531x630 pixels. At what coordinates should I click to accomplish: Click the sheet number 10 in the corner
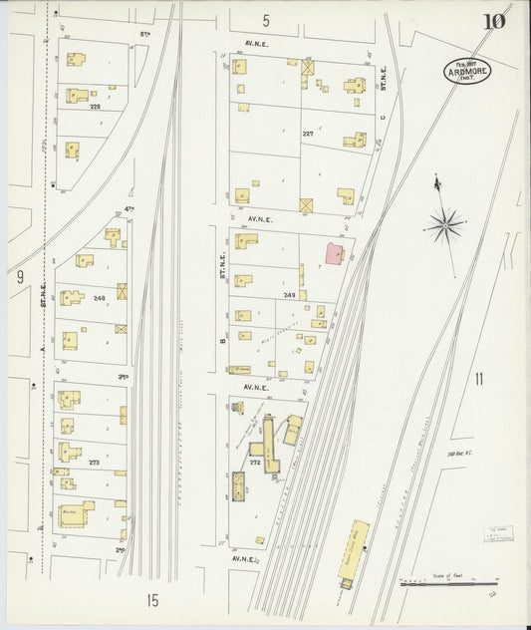493,21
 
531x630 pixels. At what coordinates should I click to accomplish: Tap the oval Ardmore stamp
467,71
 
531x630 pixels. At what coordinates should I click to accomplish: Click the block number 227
308,133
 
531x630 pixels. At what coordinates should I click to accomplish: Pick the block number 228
96,106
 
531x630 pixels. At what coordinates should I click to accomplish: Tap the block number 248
99,298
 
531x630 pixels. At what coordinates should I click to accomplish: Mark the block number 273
95,463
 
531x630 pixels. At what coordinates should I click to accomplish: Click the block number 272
255,464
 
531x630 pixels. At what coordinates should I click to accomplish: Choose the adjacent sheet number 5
266,21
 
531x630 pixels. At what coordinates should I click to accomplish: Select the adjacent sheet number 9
19,277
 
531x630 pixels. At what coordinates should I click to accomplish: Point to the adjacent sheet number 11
479,378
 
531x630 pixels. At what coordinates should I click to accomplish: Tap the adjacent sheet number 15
151,599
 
